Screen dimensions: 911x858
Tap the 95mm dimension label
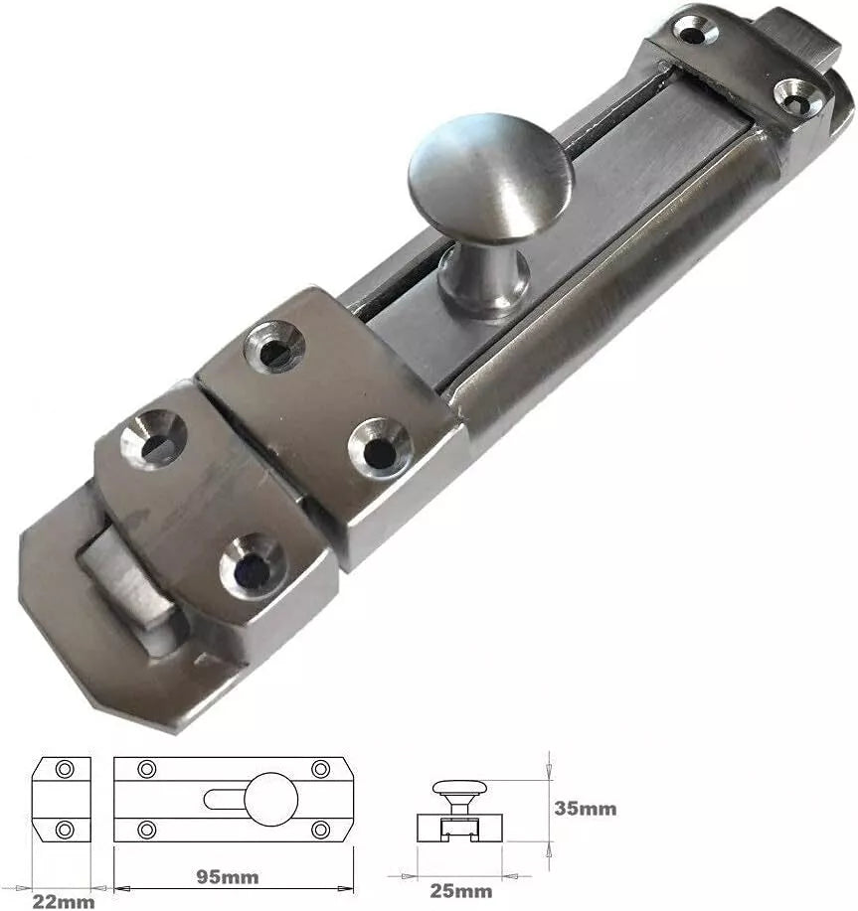pyautogui.click(x=228, y=876)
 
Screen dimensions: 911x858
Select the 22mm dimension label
pyautogui.click(x=63, y=901)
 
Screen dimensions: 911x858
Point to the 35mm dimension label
pyautogui.click(x=586, y=808)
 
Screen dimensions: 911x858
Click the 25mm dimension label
pyautogui.click(x=460, y=890)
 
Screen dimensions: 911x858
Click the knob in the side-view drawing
pyautogui.click(x=456, y=789)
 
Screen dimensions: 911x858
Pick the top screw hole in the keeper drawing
pyautogui.click(x=66, y=769)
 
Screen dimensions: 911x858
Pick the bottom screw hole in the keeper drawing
pyautogui.click(x=66, y=829)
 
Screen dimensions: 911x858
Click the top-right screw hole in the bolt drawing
pyautogui.click(x=320, y=769)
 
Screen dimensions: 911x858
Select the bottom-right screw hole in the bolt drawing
pyautogui.click(x=320, y=829)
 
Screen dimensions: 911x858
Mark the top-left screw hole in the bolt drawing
pyautogui.click(x=147, y=769)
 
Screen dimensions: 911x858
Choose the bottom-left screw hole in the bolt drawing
pyautogui.click(x=147, y=829)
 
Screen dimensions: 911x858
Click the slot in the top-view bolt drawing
pyautogui.click(x=224, y=799)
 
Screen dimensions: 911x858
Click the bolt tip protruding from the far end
pyautogui.click(x=805, y=40)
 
